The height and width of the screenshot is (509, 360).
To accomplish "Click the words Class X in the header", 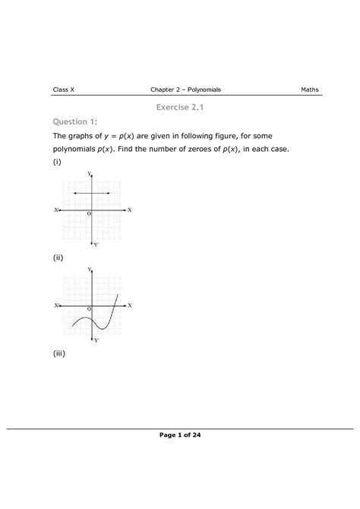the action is (x=63, y=90).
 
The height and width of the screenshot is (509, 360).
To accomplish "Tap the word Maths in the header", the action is (x=309, y=90).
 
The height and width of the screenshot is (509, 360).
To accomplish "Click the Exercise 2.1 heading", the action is (x=179, y=109).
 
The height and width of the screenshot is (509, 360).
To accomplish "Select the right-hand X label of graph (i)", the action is (x=130, y=209).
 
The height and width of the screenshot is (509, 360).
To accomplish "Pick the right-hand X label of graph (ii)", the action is (x=130, y=305).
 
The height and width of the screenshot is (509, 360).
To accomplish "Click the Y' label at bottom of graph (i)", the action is (x=96, y=245).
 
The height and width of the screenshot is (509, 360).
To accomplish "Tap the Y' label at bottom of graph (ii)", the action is (x=96, y=340).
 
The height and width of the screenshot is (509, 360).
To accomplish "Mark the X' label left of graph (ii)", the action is (x=56, y=305).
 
